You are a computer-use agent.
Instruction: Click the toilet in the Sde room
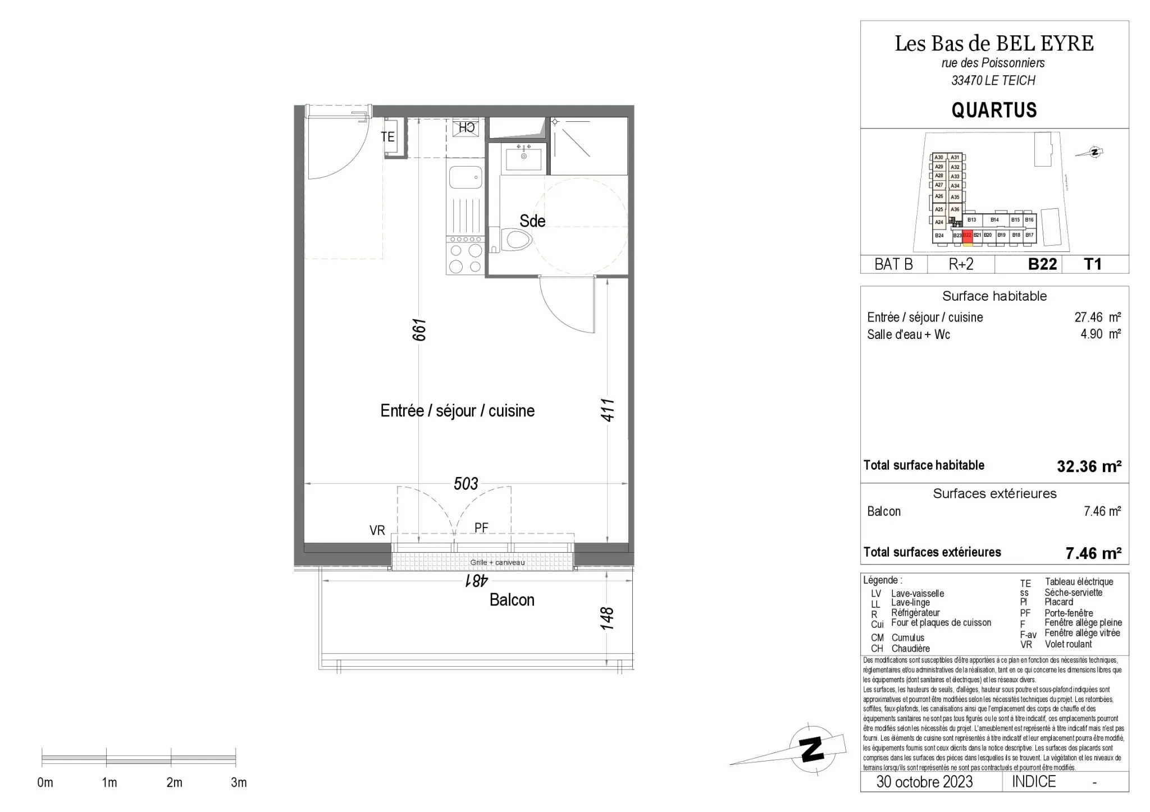(x=518, y=240)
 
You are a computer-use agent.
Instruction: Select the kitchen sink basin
(x=466, y=178)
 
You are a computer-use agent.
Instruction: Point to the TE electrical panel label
(x=387, y=137)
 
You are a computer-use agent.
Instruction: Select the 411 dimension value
(x=608, y=410)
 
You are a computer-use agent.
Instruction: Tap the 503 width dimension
(x=466, y=484)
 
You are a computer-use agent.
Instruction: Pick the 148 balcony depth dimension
(x=608, y=618)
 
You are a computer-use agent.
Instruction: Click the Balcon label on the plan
(x=512, y=600)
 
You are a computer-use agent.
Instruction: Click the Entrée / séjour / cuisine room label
(x=457, y=411)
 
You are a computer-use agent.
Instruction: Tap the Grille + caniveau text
(x=498, y=562)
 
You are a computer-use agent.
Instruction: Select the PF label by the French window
(x=481, y=527)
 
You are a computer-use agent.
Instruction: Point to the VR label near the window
(x=377, y=530)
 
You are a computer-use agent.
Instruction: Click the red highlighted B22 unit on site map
(x=967, y=236)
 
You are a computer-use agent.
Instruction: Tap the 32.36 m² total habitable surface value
(x=1089, y=466)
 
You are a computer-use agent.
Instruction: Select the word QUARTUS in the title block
(x=994, y=110)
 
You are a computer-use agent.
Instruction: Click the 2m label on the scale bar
(x=174, y=782)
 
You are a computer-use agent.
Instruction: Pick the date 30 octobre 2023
(x=924, y=782)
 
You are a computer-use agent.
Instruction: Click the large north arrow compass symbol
(x=811, y=749)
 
